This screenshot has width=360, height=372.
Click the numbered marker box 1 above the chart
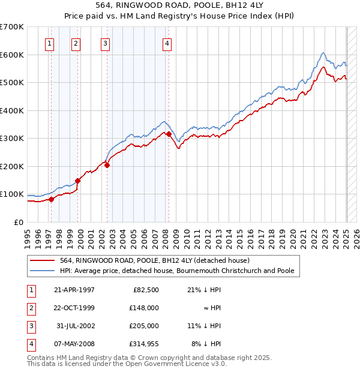point(49,43)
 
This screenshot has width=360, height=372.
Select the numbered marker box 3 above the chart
point(105,43)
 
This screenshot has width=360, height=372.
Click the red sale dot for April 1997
point(52,199)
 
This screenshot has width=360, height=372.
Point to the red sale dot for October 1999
point(78,181)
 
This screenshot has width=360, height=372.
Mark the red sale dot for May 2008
point(169,134)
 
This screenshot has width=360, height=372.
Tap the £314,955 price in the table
point(142,344)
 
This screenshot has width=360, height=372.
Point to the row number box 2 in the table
point(31,308)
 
